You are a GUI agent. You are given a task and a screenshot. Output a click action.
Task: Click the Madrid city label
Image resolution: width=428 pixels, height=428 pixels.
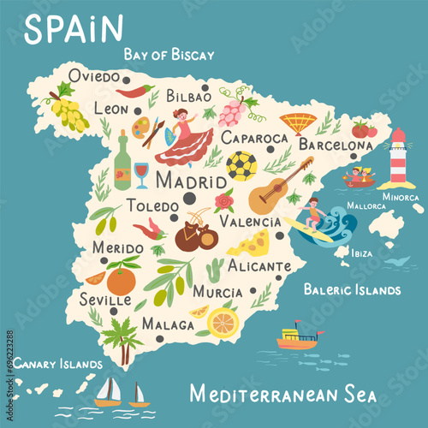[x=167, y=182]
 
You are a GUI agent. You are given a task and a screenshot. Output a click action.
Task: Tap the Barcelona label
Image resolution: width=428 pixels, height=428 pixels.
[x=335, y=146]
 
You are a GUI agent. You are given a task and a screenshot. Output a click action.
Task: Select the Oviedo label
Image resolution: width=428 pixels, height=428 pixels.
[x=94, y=76]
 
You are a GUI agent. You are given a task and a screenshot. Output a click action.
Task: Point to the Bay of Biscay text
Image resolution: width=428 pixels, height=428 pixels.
[x=169, y=55]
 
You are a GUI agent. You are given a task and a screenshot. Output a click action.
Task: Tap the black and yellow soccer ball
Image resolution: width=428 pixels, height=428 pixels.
[x=241, y=166]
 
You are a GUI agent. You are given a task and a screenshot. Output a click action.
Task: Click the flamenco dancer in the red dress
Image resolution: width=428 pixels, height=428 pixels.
[x=182, y=137]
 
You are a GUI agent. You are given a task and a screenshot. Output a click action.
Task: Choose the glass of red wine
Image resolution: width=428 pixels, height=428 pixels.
[x=141, y=174]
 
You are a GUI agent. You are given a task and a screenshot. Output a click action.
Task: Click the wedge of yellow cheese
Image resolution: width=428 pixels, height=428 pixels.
[x=249, y=246]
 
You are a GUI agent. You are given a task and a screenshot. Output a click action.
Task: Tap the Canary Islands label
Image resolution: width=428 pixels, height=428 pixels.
[x=57, y=363]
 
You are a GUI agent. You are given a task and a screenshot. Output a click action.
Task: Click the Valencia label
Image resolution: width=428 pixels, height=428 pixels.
[x=251, y=221]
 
